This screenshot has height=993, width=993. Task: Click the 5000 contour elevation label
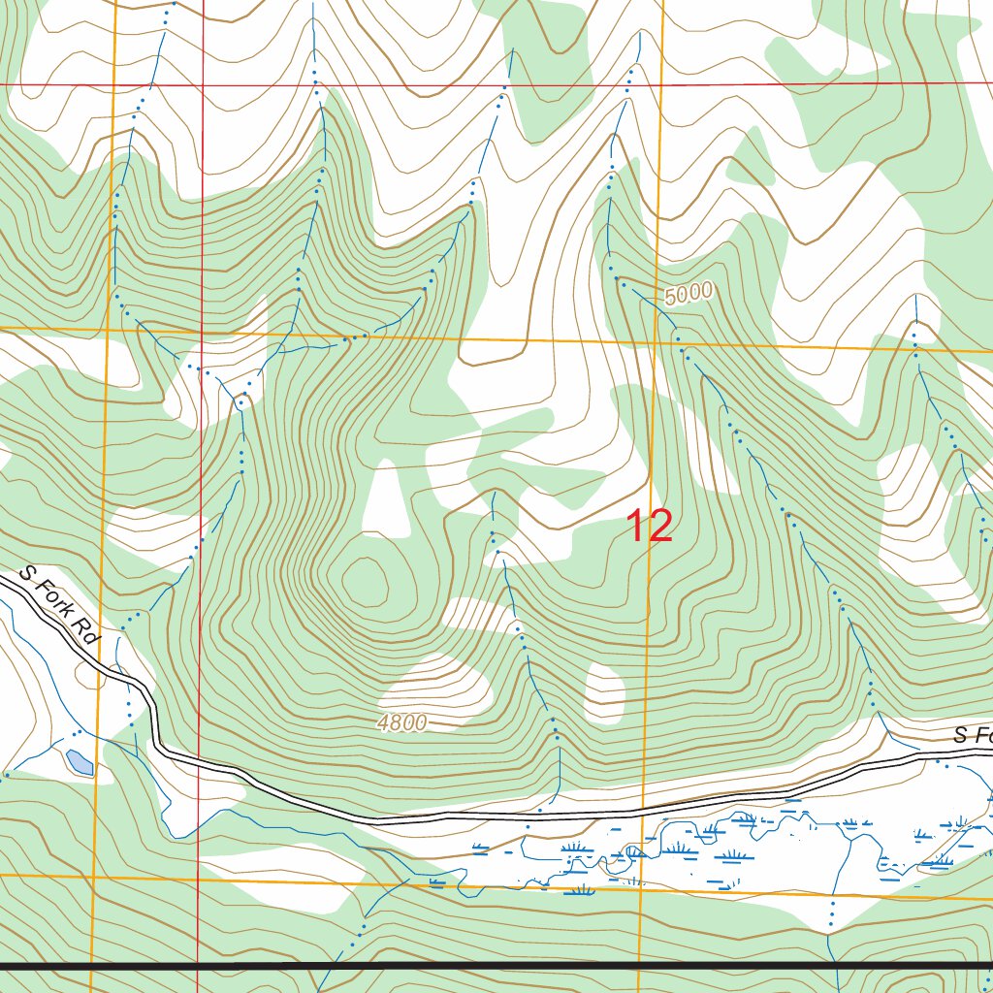tap(689, 293)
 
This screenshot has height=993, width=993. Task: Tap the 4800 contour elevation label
tap(402, 722)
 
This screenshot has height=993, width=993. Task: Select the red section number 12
tap(649, 527)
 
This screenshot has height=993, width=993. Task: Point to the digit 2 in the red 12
tap(659, 527)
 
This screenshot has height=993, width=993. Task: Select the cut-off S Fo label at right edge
tap(972, 736)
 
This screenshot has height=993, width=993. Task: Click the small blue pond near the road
tap(80, 762)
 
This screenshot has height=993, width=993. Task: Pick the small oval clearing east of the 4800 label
tap(605, 691)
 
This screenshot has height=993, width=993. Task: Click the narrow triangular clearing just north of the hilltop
tap(385, 496)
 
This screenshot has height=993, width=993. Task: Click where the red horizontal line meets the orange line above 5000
tap(662, 85)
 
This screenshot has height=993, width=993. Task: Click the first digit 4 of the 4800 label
tap(385, 722)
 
